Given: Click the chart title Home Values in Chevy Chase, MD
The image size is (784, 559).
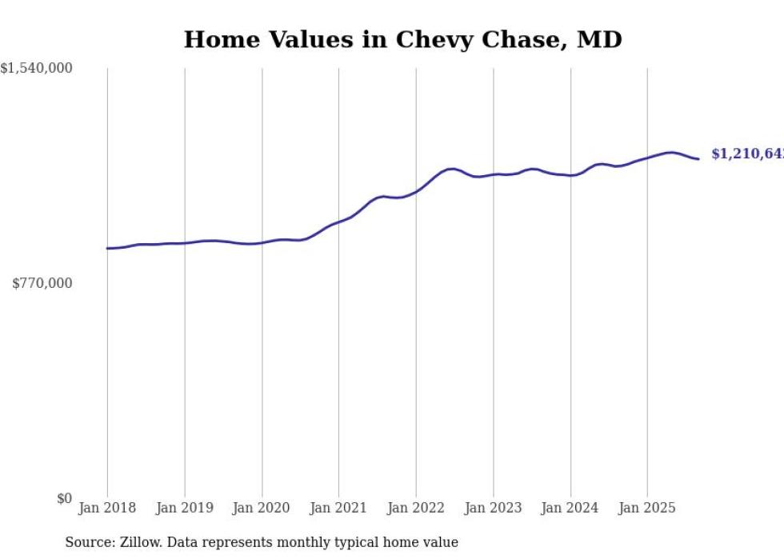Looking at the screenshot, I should (x=402, y=39).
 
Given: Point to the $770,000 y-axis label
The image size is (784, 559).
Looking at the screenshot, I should (x=42, y=283).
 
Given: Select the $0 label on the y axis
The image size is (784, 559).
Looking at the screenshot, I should (x=64, y=498).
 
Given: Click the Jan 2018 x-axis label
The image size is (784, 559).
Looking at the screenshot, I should (x=107, y=508).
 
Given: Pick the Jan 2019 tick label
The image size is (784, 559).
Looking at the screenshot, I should (x=184, y=508).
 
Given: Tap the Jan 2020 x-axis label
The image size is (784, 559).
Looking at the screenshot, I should (x=262, y=508).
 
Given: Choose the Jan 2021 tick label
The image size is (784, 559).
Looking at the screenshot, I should (x=338, y=508).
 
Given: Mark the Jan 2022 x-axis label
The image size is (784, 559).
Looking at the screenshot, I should (x=415, y=508).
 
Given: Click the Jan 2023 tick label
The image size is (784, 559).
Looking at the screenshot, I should (x=493, y=508).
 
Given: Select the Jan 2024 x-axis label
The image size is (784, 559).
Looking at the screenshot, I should (x=570, y=508).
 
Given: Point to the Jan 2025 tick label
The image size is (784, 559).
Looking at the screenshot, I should (x=646, y=508).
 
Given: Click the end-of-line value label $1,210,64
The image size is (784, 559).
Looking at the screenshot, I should (x=747, y=154).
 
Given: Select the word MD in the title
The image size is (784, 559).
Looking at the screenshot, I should (x=601, y=39).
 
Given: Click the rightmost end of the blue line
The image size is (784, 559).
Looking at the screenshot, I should (x=698, y=158).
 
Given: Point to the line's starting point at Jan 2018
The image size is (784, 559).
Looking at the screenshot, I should (x=107, y=248).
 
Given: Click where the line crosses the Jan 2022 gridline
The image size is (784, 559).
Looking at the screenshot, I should (x=416, y=191).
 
